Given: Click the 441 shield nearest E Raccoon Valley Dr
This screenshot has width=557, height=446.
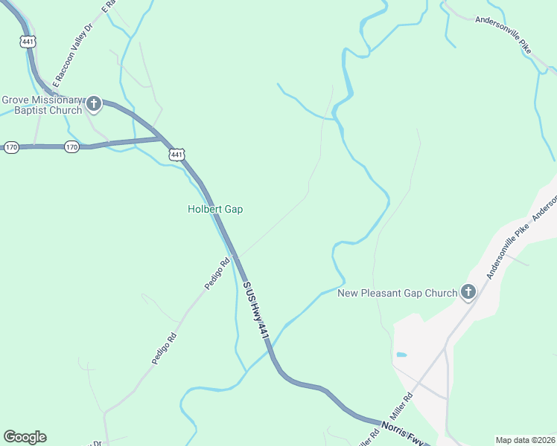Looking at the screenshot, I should point(28,42).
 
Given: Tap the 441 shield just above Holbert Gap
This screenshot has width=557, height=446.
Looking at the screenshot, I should point(176,155).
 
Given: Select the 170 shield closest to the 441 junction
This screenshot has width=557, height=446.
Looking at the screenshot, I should point(71,147).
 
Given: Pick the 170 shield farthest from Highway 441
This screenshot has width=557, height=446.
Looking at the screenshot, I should point(10,147).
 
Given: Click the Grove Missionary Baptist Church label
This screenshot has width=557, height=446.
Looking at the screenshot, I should point(41,105).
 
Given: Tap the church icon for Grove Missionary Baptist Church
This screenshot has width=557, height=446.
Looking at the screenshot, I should point(94,104).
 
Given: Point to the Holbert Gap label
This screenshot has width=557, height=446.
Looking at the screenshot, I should point(214,210).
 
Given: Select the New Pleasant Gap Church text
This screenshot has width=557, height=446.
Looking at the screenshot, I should point(397,293).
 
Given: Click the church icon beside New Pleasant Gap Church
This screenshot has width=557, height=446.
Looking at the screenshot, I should point(468,293).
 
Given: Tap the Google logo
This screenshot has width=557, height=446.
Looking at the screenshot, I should point(25,437).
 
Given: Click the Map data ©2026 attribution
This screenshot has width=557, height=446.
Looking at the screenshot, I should point(524,440).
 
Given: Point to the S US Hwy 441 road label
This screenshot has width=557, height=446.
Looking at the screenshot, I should point(255,311).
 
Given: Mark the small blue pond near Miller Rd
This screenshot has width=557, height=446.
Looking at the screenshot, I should point(401,355).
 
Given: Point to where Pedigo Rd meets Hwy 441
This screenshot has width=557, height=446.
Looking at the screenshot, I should point(235,256).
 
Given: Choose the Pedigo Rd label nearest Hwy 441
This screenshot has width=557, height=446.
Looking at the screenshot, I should point(217,274).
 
